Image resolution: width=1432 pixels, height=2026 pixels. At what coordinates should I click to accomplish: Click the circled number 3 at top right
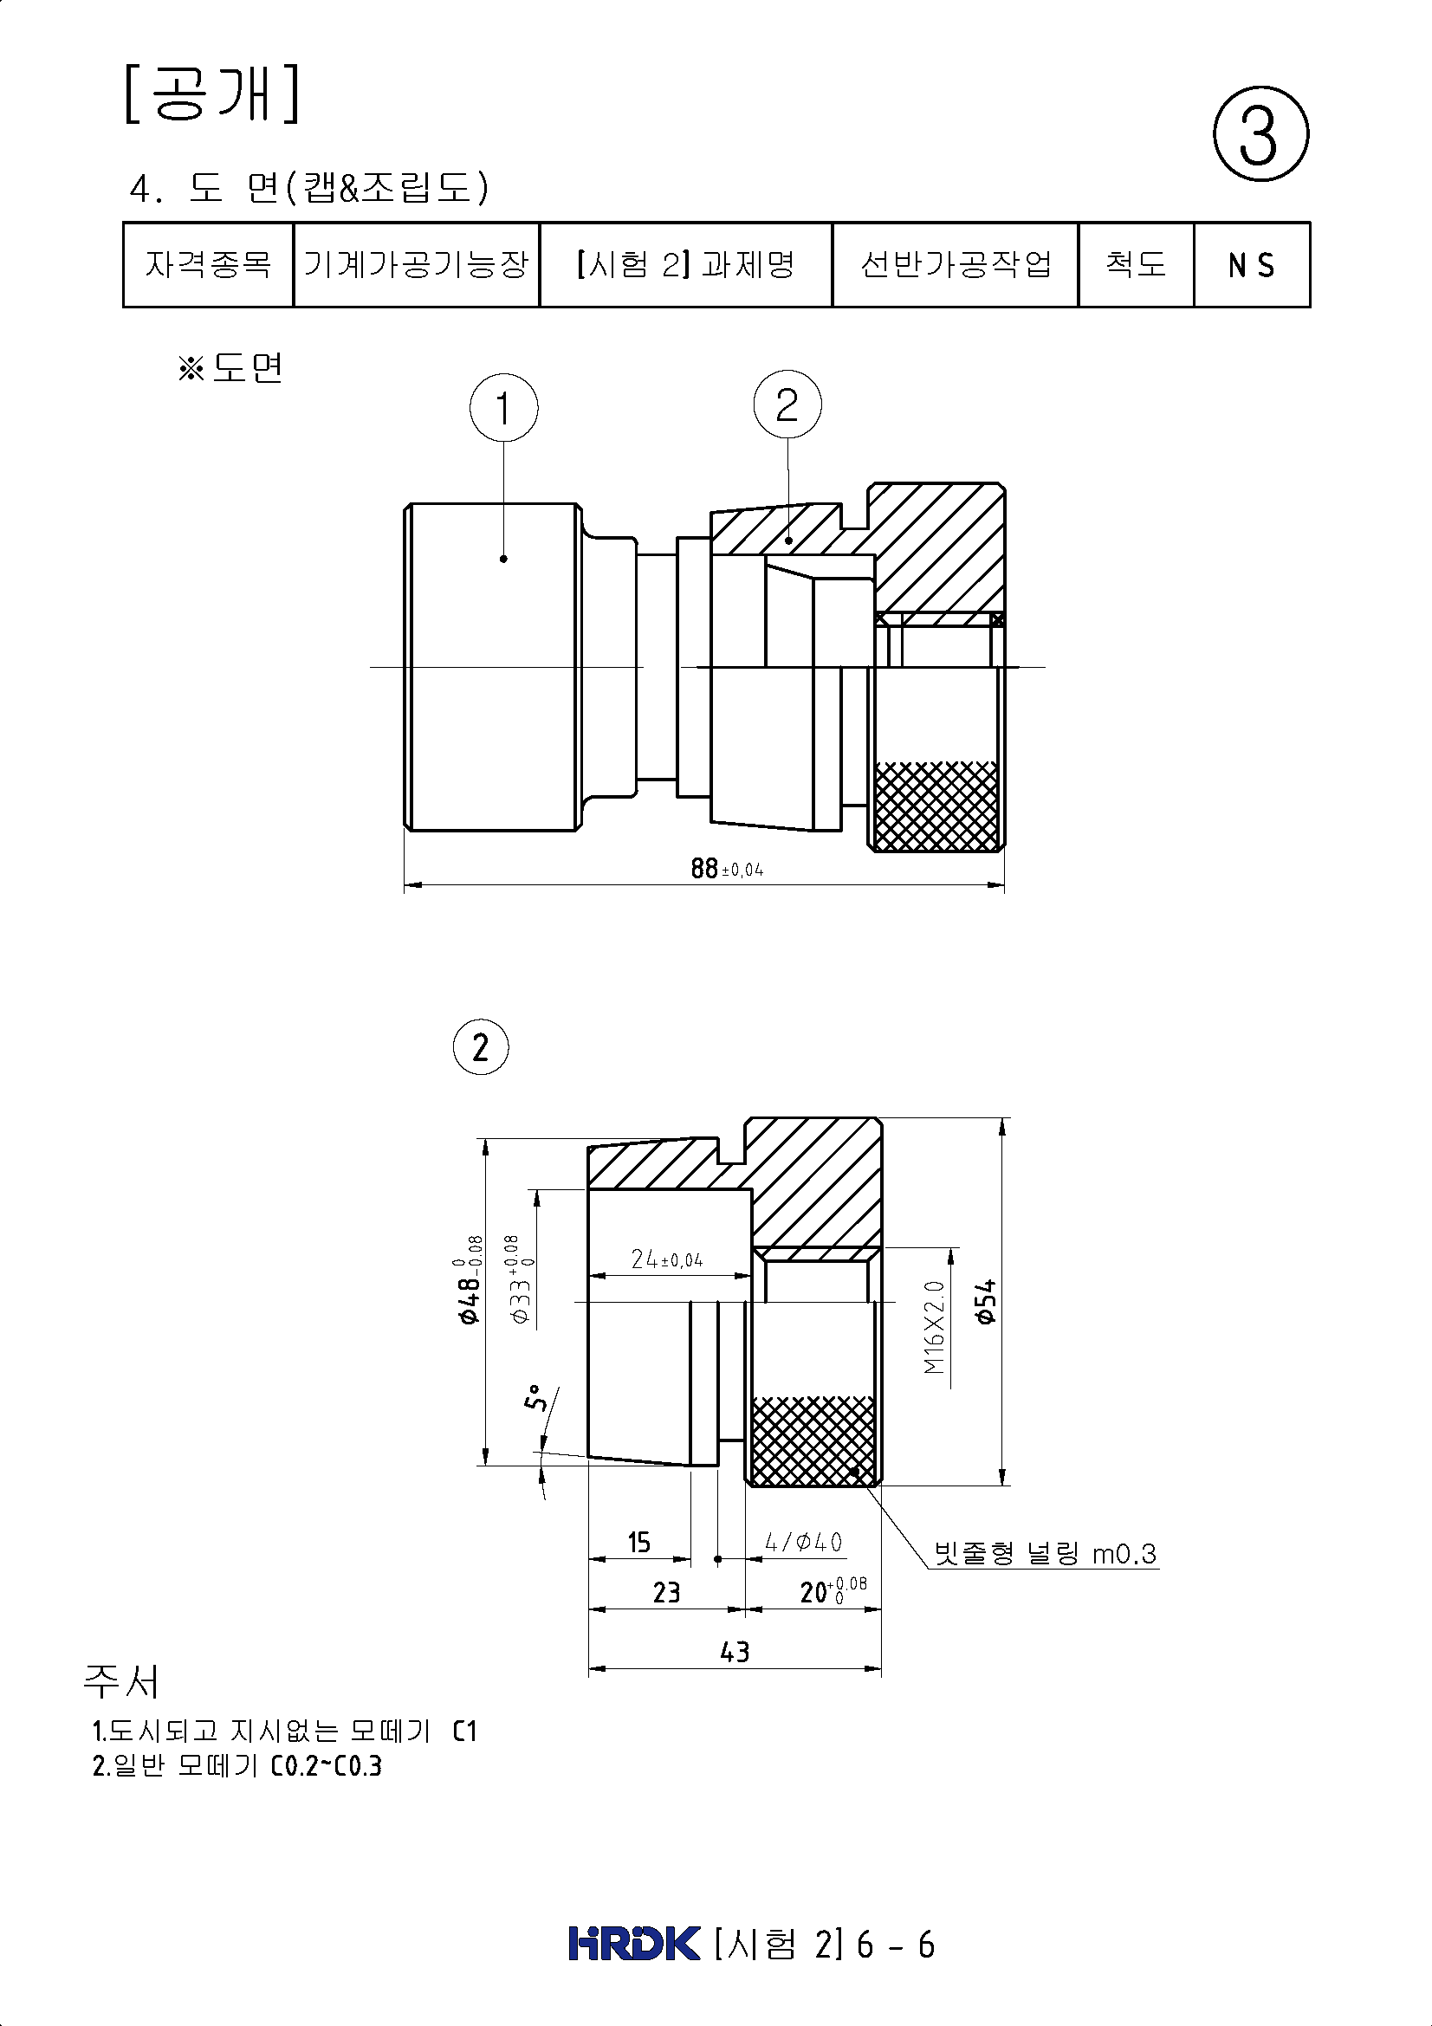pyautogui.click(x=1260, y=134)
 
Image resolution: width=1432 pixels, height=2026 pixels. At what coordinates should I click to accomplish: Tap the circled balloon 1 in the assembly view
pyautogui.click(x=504, y=409)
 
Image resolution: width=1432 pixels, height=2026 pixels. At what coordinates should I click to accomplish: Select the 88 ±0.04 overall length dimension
pyautogui.click(x=727, y=868)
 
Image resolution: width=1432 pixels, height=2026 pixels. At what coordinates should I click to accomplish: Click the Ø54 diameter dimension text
pyautogui.click(x=986, y=1301)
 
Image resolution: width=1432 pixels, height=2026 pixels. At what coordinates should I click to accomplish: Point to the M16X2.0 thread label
pyautogui.click(x=936, y=1328)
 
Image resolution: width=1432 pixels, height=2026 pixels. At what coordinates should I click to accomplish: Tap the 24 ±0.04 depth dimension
pyautogui.click(x=667, y=1259)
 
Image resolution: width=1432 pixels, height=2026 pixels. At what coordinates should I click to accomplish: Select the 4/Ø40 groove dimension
pyautogui.click(x=804, y=1542)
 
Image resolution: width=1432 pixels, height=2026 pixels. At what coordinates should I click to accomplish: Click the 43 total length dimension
pyautogui.click(x=735, y=1651)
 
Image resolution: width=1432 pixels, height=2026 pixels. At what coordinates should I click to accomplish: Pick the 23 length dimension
pyautogui.click(x=667, y=1592)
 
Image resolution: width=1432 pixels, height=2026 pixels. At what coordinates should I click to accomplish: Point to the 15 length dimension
pyautogui.click(x=638, y=1543)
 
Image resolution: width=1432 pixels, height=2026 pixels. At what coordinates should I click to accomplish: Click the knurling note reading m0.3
pyautogui.click(x=1046, y=1553)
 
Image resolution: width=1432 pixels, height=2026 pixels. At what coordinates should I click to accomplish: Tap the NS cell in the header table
pyautogui.click(x=1252, y=265)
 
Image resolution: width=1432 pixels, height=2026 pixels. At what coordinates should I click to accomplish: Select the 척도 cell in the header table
pyautogui.click(x=1137, y=265)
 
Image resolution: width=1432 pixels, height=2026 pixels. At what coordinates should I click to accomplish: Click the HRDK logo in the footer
pyautogui.click(x=634, y=1944)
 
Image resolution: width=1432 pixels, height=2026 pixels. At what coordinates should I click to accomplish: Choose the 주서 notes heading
pyautogui.click(x=122, y=1682)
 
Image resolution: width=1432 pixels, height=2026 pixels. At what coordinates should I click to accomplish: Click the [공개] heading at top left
pyautogui.click(x=211, y=93)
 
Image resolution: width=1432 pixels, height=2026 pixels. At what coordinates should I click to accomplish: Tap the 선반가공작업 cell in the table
pyautogui.click(x=956, y=265)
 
